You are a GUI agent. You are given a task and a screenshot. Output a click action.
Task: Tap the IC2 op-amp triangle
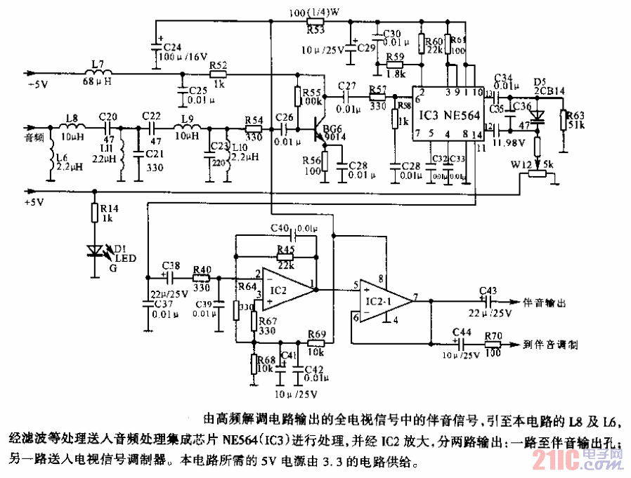click(x=285, y=288)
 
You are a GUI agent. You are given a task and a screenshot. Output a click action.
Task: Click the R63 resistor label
click(x=574, y=115)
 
